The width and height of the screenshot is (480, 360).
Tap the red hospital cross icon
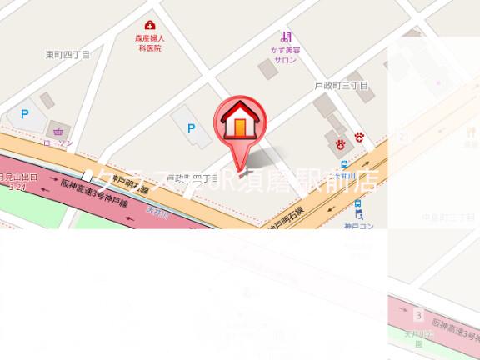pos(150,26)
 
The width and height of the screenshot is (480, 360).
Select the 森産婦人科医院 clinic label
pos(150,43)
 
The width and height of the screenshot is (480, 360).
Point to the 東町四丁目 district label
pos(67,55)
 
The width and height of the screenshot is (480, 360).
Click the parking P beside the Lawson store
pos(25,114)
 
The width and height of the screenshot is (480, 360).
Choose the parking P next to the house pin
pos(192,128)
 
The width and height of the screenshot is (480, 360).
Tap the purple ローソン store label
pos(57,143)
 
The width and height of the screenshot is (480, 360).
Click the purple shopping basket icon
pos(57,131)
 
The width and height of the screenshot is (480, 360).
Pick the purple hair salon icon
pos(286,36)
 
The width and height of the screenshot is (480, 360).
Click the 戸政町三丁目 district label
pos(341,86)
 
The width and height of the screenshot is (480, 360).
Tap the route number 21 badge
pos(404,137)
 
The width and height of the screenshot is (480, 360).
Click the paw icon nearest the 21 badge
pos(359,136)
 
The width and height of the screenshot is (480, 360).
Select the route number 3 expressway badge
pos(418,315)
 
